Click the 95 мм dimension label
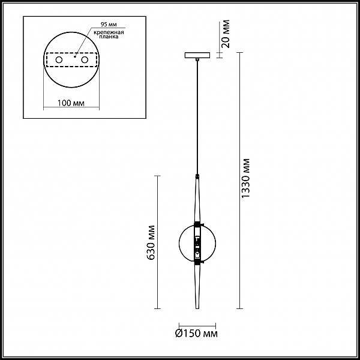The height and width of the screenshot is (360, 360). point(109,25)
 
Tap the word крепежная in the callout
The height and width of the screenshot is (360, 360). point(109,32)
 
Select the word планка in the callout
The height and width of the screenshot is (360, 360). point(109,37)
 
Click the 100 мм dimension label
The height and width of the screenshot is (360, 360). point(71,103)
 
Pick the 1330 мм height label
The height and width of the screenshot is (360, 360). point(245,178)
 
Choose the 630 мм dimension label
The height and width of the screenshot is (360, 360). point(151,242)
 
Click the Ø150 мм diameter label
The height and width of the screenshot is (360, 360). point(197,333)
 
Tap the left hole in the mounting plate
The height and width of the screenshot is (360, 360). point(59,60)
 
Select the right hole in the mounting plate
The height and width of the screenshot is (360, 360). point(85,60)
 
